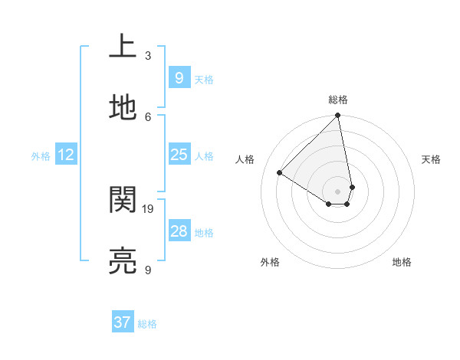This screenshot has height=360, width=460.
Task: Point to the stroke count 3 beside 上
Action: click(x=148, y=55)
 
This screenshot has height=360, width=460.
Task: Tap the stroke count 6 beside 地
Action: click(x=148, y=116)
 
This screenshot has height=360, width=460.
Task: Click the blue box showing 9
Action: click(x=179, y=77)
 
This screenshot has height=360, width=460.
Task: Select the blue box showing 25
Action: click(x=179, y=155)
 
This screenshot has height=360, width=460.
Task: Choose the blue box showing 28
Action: click(x=179, y=231)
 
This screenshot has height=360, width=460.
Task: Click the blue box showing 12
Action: click(x=65, y=155)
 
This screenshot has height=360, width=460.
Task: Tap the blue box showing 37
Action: click(x=123, y=322)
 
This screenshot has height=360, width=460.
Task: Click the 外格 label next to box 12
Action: click(x=41, y=156)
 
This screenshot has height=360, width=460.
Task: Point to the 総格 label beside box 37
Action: click(x=147, y=324)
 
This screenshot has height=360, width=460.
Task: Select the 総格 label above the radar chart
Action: click(x=338, y=100)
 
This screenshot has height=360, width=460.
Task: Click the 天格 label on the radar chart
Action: click(x=432, y=159)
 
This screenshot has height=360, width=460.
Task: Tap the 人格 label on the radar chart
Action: click(x=245, y=159)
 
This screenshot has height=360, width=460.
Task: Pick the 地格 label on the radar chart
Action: click(x=402, y=262)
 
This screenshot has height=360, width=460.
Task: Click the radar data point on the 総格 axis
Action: click(x=338, y=116)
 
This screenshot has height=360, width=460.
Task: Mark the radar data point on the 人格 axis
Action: click(x=280, y=173)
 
